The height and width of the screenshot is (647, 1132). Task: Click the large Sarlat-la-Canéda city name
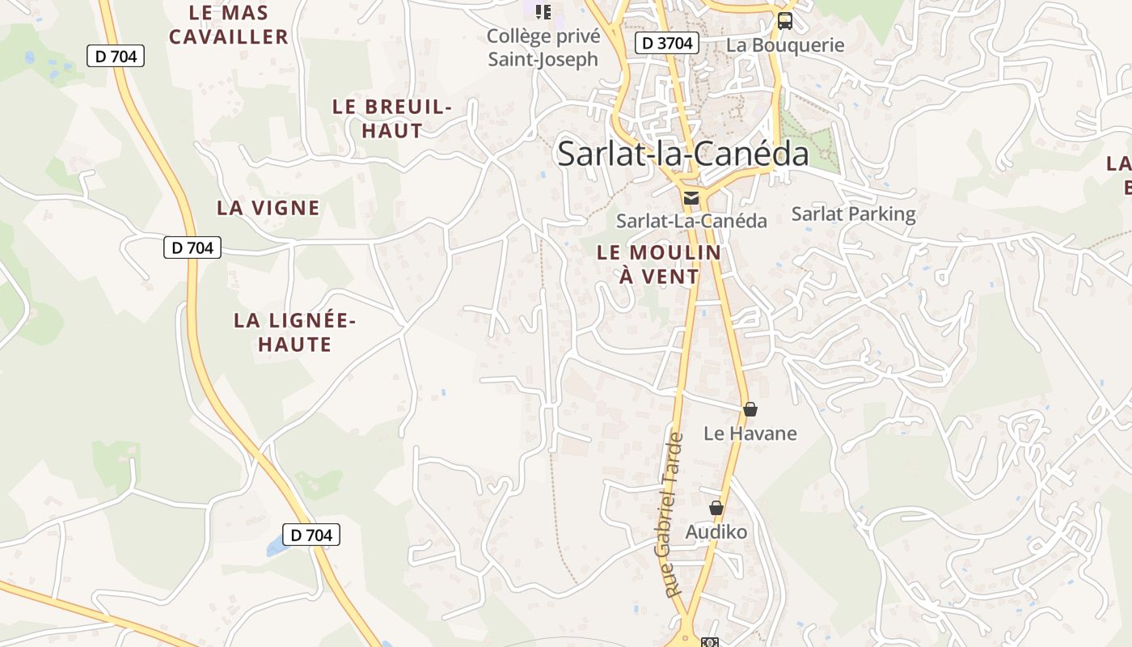point(682,154)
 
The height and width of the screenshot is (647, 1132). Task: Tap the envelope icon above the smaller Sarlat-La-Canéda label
point(691,198)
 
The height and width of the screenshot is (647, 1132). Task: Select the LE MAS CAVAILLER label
point(229,25)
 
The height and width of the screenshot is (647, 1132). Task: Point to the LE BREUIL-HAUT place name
point(392,119)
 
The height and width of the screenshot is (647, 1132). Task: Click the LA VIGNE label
point(268,208)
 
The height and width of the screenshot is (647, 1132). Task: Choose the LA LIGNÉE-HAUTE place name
point(295,332)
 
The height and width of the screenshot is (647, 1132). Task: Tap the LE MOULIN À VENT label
point(659,264)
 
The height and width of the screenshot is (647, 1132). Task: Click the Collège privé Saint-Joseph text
point(543,48)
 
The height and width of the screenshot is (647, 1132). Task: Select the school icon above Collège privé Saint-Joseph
point(543,11)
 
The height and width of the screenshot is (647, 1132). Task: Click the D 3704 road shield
point(666,44)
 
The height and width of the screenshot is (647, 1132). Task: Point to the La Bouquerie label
point(785,45)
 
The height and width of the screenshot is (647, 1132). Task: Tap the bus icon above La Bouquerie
point(784,21)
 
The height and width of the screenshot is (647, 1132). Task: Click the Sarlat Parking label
point(853,214)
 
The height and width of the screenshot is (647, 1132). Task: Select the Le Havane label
point(750,433)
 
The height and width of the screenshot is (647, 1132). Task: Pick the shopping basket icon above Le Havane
point(750,409)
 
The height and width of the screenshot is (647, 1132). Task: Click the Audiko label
point(716,532)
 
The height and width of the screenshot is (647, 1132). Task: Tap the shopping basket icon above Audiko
point(716,508)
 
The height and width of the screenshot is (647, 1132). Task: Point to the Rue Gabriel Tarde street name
point(674,515)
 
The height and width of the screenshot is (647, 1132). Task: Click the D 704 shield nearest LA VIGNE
point(192,247)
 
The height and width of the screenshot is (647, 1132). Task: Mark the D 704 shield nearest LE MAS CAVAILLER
point(116,57)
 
